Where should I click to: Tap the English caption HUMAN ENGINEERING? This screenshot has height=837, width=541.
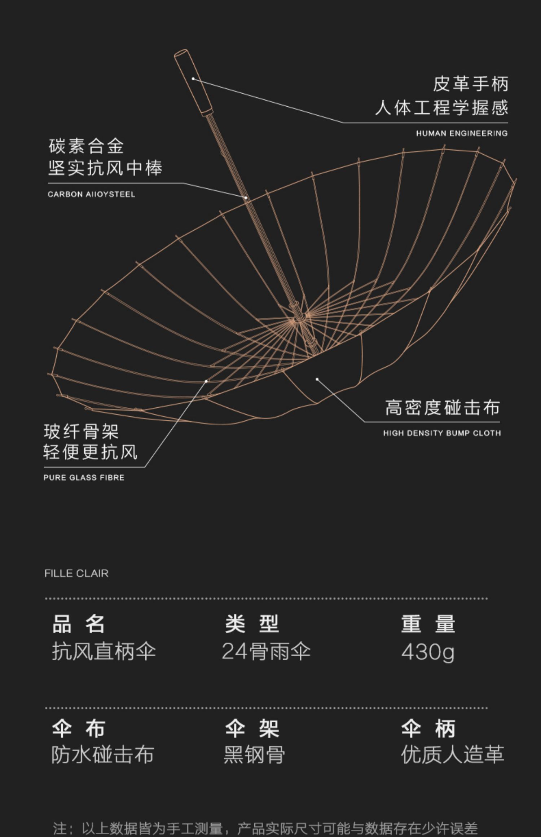[462, 133]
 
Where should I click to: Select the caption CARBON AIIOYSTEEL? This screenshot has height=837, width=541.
[92, 194]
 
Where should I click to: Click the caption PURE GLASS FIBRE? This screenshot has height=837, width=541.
[84, 478]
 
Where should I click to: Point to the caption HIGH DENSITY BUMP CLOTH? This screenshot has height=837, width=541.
[442, 433]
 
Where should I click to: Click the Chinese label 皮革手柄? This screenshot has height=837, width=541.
[471, 84]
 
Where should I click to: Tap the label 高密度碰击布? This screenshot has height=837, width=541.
[443, 407]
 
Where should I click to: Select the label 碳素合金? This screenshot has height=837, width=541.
[87, 146]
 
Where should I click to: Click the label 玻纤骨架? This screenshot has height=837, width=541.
[81, 431]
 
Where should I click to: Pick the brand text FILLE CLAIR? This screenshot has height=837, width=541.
[76, 573]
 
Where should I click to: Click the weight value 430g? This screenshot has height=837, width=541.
[428, 652]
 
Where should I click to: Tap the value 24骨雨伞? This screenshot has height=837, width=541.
[266, 651]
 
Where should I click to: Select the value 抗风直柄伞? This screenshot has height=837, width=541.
[104, 651]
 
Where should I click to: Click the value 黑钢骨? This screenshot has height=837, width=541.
[255, 754]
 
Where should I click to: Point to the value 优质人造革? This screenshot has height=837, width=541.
[453, 754]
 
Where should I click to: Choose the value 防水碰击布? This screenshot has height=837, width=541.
[103, 754]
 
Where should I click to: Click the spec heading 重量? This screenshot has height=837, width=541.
[428, 624]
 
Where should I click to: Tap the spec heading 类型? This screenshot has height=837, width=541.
[252, 624]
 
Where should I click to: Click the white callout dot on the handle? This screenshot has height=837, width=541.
[193, 78]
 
